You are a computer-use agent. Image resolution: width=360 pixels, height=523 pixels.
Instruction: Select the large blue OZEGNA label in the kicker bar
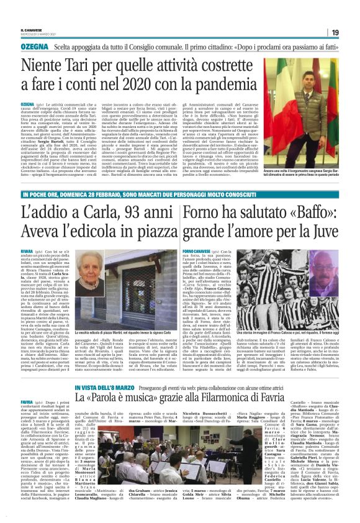click(x=34, y=47)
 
